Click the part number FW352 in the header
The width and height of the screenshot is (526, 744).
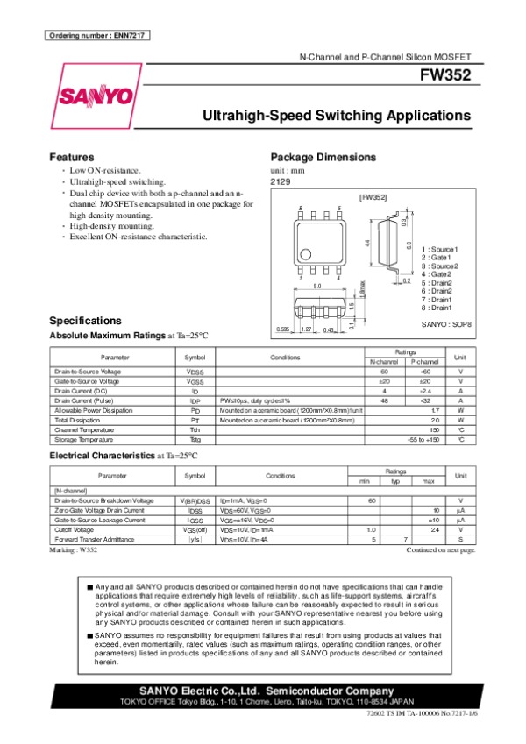click(x=448, y=76)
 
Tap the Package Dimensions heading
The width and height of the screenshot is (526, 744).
click(x=323, y=157)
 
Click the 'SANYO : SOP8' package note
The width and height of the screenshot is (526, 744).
click(x=448, y=324)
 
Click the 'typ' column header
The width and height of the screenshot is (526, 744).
click(x=395, y=481)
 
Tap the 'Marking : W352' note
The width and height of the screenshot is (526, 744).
click(x=74, y=550)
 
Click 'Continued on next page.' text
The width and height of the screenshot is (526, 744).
click(x=441, y=550)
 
